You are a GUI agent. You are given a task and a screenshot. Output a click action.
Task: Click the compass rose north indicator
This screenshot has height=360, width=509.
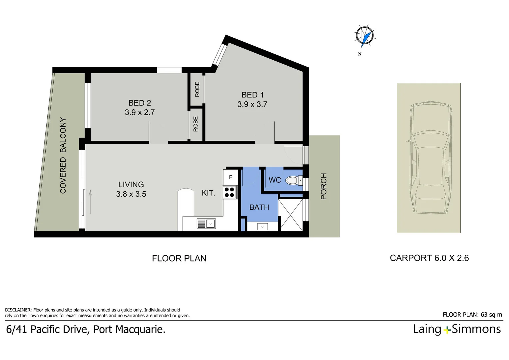[x=364, y=35]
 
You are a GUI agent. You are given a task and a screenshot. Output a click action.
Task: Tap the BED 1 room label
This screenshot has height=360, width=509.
[x=252, y=95]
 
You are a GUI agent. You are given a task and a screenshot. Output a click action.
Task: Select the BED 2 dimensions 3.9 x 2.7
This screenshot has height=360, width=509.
[x=140, y=113]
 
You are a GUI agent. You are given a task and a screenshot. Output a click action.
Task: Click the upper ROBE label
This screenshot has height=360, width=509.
[x=197, y=89]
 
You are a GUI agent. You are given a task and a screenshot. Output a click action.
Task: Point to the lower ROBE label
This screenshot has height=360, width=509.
[x=196, y=124]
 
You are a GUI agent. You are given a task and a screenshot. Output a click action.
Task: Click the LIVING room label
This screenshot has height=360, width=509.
[x=131, y=185]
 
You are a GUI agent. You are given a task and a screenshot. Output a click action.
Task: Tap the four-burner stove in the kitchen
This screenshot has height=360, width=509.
[x=230, y=192]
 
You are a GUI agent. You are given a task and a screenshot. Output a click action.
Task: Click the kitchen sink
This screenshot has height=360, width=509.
[x=206, y=223]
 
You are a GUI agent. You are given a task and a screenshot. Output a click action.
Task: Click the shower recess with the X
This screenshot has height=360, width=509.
[x=291, y=215]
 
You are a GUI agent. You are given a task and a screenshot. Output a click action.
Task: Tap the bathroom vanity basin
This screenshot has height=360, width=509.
[x=262, y=227]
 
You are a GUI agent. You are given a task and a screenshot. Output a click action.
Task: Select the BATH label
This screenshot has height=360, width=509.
[x=259, y=207]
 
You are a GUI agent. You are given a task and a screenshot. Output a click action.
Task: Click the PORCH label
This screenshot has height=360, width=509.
[x=323, y=186]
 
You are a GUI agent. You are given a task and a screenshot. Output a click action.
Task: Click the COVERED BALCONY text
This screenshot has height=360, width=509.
[x=63, y=155]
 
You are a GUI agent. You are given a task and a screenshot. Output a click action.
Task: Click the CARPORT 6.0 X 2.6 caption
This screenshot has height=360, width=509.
[x=429, y=258]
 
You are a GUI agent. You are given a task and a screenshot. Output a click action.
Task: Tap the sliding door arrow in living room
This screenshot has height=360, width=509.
[x=90, y=202]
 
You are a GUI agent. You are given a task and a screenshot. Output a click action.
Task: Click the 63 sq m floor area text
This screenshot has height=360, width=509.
[x=491, y=315]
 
